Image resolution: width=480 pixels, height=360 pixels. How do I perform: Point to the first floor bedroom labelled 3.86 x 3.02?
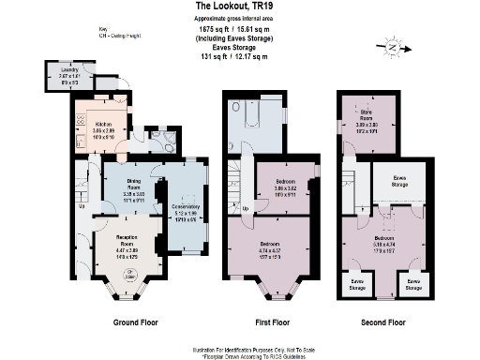pyautogui.click(x=286, y=187)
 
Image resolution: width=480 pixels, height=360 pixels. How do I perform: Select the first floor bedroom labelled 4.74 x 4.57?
pyautogui.click(x=271, y=248)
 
